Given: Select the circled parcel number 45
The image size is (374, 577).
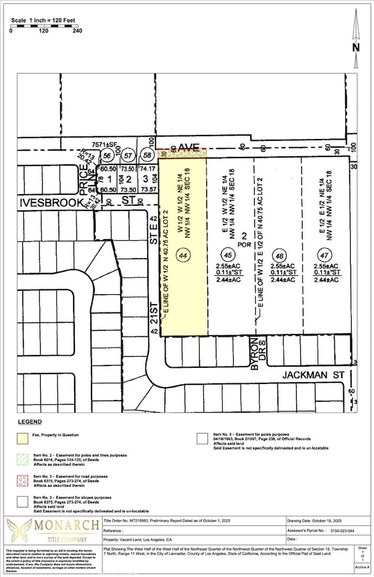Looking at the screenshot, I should tap(228, 253).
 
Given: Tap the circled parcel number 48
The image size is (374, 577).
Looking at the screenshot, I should tap(278, 253).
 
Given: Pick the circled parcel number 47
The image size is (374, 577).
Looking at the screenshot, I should tap(326, 253).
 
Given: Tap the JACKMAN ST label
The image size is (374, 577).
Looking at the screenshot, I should tap(311, 375).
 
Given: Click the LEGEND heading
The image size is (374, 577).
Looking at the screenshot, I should tap(30, 422).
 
